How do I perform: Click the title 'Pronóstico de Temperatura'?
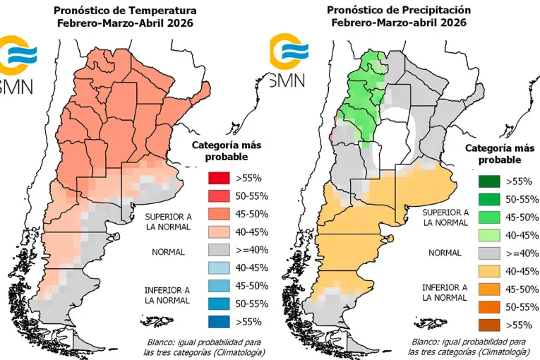pos(126,11)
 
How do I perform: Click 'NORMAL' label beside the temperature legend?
pos(169,252)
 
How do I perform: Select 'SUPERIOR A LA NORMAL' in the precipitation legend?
pos(445,217)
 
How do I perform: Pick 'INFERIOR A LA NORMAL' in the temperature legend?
pos(167,295)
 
